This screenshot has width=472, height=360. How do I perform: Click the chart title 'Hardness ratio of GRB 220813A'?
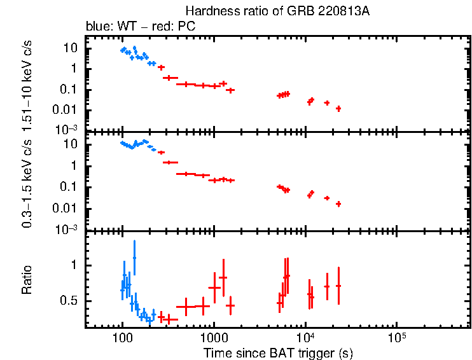point(277,11)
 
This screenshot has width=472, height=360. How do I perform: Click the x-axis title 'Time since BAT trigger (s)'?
point(278,352)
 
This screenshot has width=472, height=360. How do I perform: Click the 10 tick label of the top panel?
point(71,48)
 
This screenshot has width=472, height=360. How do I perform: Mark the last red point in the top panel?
point(338,109)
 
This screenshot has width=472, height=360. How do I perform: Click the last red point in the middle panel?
point(338,204)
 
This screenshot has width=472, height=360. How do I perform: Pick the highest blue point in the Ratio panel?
point(134,258)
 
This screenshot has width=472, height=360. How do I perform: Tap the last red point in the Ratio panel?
point(338,286)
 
